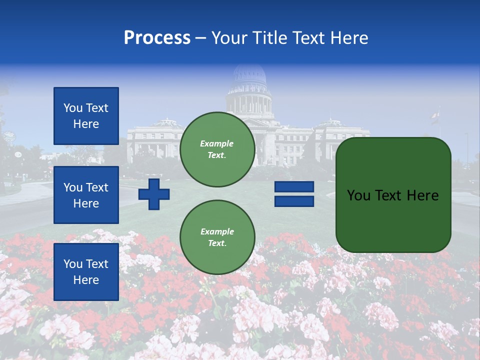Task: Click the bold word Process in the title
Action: point(157,38)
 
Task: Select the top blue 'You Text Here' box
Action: point(86,116)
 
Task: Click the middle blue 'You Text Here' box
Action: point(86,195)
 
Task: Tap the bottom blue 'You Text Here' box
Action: point(86,271)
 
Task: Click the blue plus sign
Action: point(154,194)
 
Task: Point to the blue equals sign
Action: point(294,194)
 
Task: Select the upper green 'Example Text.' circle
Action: point(217,149)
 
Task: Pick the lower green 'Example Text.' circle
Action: point(217,237)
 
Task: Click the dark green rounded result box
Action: point(393,195)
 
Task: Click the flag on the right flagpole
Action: point(434,118)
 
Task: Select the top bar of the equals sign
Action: point(294,186)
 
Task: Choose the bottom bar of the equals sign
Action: point(294,201)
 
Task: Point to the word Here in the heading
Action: point(348,38)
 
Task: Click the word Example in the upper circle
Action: point(217,143)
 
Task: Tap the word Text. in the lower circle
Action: point(217,243)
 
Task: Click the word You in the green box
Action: point(358,195)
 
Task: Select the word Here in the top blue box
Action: point(86,124)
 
